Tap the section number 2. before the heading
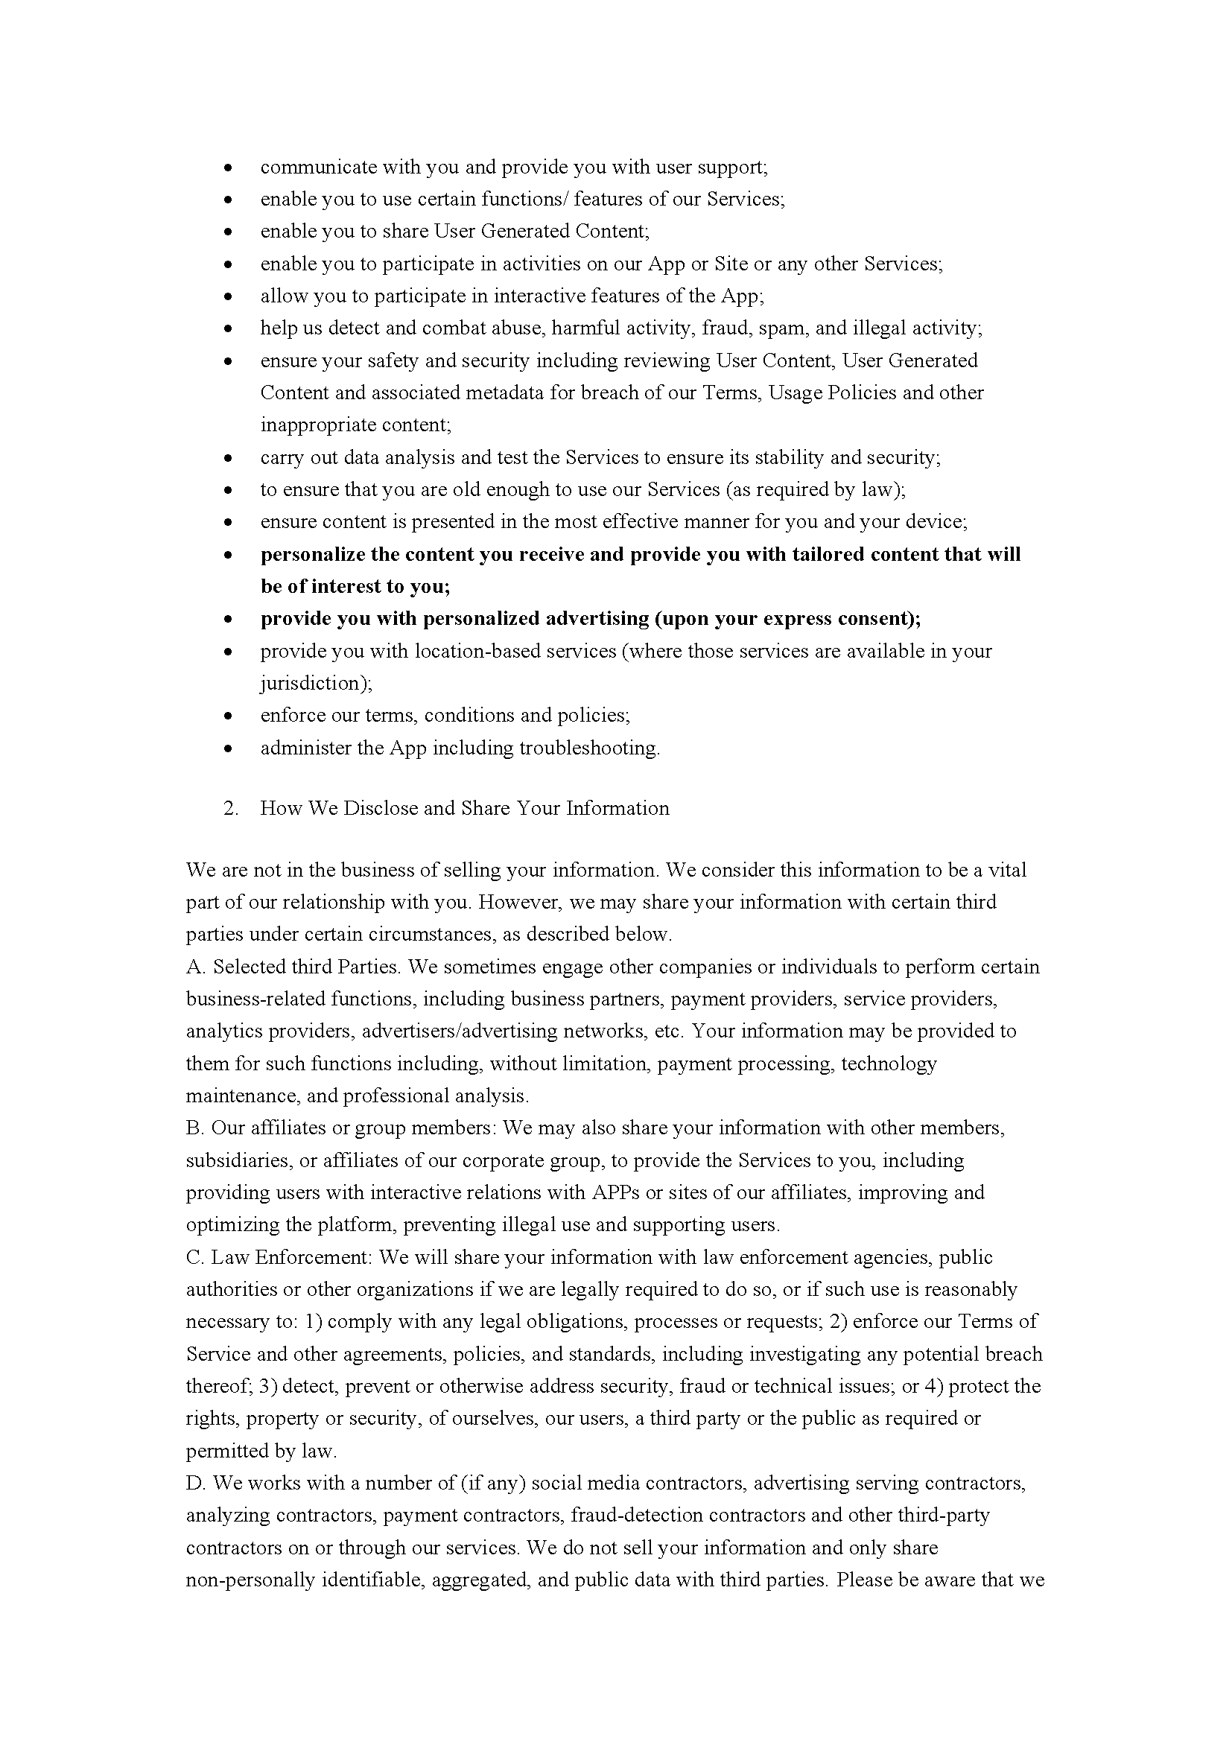click(231, 808)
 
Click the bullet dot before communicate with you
click(228, 167)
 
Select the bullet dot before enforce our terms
click(228, 716)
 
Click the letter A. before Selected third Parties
click(195, 967)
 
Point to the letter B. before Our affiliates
click(195, 1128)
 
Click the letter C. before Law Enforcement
click(195, 1257)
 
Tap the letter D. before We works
click(195, 1483)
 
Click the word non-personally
click(251, 1580)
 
